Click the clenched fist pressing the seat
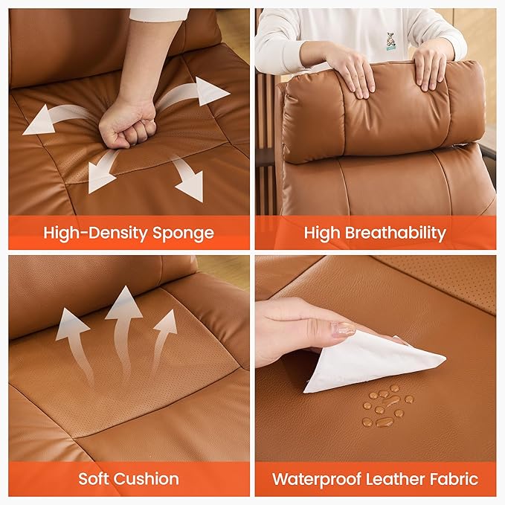(126, 125)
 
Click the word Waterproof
(317, 479)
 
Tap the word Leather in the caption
(395, 478)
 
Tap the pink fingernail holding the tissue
(344, 329)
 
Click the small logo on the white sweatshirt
(390, 41)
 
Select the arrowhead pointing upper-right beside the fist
(212, 91)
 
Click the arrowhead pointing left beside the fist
(38, 120)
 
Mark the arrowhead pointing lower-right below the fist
(190, 185)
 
